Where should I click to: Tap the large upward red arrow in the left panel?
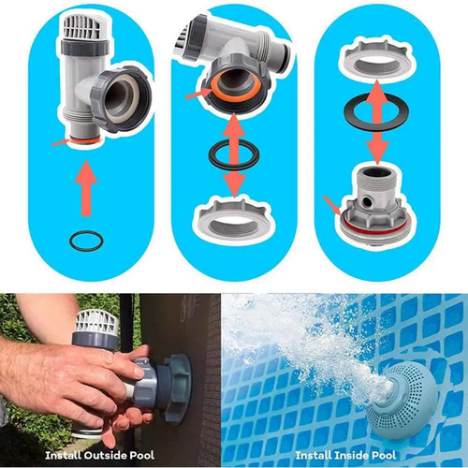[86, 188]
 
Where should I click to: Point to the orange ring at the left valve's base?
[85, 140]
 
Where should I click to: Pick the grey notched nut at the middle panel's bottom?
[234, 216]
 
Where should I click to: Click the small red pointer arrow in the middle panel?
[198, 94]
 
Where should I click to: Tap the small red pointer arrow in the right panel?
[332, 205]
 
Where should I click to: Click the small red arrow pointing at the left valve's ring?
[60, 142]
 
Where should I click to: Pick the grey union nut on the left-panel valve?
[122, 96]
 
